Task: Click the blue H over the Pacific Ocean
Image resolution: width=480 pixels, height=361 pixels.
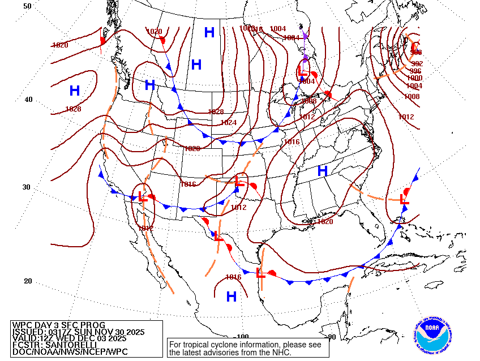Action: click(x=75, y=91)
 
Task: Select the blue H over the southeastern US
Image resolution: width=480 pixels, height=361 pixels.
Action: click(x=323, y=170)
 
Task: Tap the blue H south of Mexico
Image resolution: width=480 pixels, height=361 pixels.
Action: click(x=231, y=296)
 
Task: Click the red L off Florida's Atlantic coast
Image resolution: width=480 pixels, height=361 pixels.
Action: click(x=404, y=199)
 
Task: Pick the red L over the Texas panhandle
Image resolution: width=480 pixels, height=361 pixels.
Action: click(x=239, y=182)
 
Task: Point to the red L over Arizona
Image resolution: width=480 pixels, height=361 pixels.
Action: click(x=143, y=197)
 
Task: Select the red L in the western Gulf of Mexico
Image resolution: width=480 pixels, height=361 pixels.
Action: click(x=260, y=273)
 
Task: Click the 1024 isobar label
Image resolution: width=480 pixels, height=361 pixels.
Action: click(x=228, y=123)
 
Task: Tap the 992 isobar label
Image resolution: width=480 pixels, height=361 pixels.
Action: click(x=417, y=64)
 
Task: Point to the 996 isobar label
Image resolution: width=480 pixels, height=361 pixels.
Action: click(x=415, y=71)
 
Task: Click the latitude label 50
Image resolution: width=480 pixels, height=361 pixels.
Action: click(x=28, y=6)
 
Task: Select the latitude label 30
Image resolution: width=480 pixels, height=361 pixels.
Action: click(x=28, y=187)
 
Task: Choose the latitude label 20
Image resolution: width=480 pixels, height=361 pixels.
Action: click(x=28, y=281)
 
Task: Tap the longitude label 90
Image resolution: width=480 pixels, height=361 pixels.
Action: click(x=332, y=337)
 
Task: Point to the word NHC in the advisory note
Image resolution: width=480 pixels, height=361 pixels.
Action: click(x=281, y=353)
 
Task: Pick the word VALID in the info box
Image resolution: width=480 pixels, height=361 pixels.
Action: click(x=24, y=338)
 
